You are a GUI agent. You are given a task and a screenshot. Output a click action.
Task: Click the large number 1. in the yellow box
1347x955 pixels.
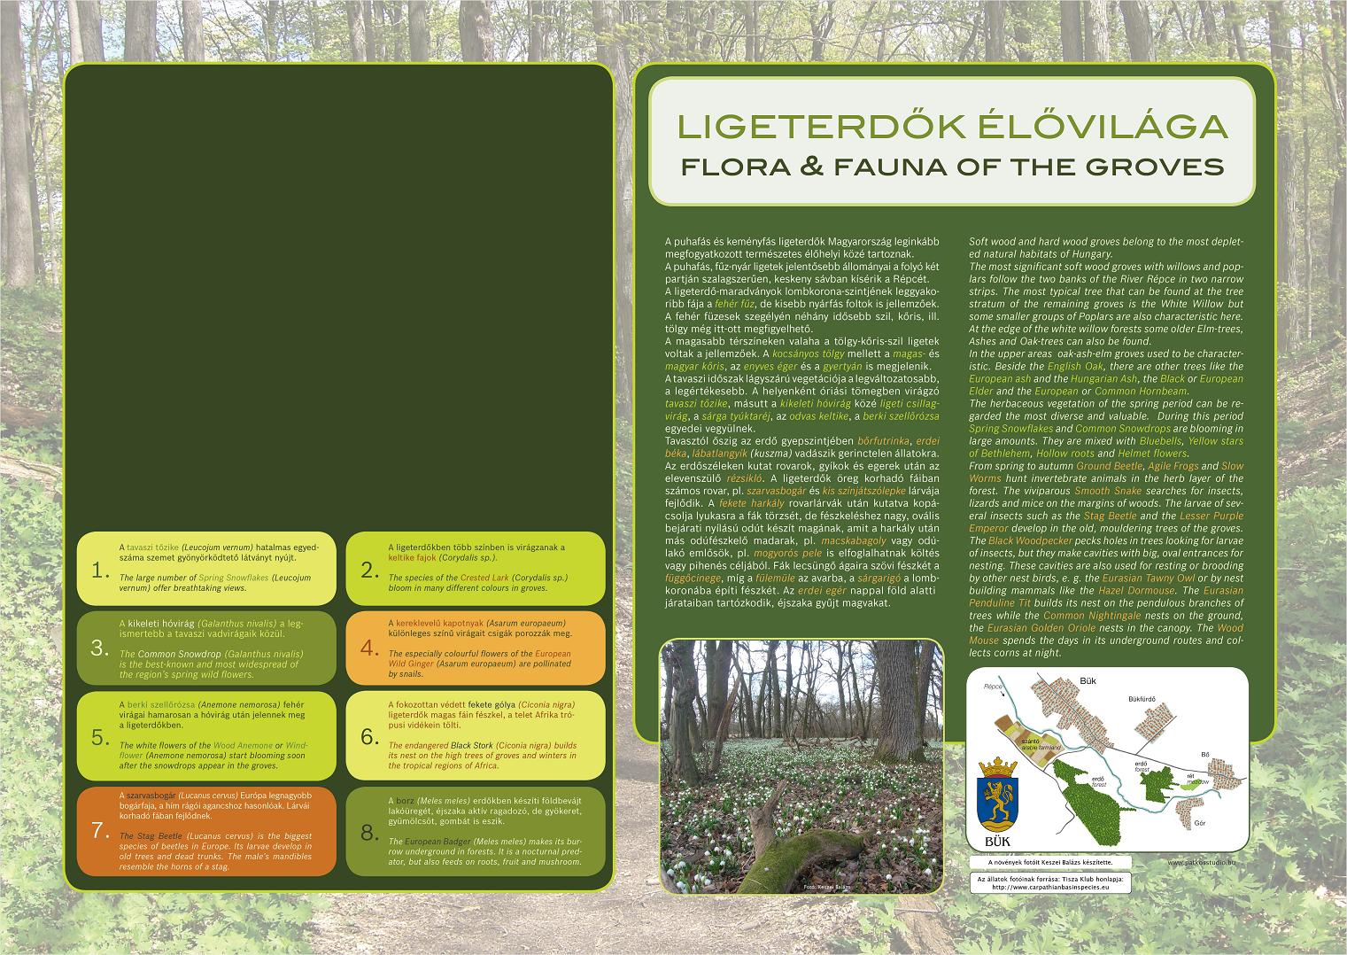pyautogui.click(x=99, y=570)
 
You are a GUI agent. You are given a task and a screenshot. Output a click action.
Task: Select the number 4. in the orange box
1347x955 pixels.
pyautogui.click(x=368, y=648)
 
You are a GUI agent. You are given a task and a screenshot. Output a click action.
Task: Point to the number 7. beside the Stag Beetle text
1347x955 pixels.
pyautogui.click(x=100, y=831)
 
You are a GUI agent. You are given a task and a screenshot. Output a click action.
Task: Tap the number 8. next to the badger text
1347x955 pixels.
pyautogui.click(x=368, y=832)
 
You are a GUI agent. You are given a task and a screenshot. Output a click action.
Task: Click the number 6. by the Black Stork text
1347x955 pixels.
pyautogui.click(x=368, y=737)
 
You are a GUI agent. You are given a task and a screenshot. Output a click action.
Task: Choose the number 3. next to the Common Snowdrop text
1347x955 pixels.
pyautogui.click(x=99, y=648)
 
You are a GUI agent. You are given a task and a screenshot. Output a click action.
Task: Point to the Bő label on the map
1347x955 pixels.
pyautogui.click(x=1204, y=754)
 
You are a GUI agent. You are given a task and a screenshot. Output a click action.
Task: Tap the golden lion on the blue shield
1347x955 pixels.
pyautogui.click(x=995, y=795)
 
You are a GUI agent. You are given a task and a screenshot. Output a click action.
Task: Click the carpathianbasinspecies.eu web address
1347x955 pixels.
pyautogui.click(x=1050, y=886)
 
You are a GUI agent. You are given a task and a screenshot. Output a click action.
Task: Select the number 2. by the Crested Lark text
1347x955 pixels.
pyautogui.click(x=368, y=570)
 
